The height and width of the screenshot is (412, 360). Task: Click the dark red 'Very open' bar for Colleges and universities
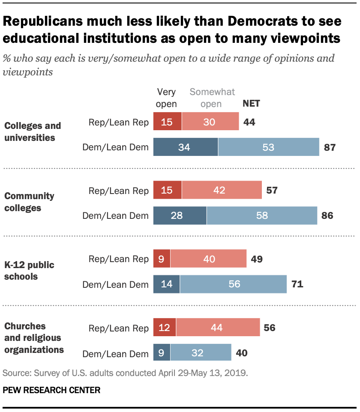[168, 122]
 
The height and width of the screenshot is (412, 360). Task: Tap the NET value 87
[329, 148]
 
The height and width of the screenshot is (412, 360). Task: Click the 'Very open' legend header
[167, 98]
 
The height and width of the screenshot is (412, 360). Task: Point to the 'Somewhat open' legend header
[212, 98]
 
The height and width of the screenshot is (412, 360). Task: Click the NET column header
[251, 103]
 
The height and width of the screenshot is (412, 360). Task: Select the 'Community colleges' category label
[29, 202]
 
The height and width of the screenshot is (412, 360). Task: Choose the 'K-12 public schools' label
[29, 271]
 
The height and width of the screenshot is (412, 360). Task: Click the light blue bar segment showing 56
[233, 284]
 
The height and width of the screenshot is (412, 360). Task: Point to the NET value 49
[257, 259]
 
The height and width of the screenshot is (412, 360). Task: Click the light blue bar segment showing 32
[201, 353]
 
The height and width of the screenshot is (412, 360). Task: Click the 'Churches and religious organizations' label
[34, 338]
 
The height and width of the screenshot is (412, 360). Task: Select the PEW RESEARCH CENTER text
[51, 390]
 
